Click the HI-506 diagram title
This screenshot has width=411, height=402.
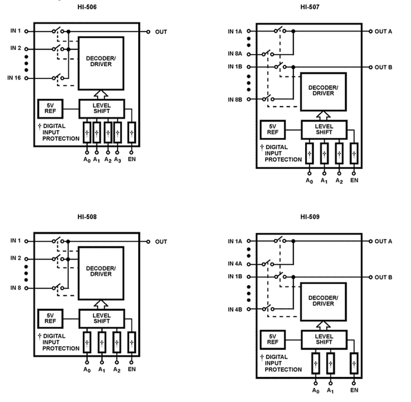(87, 7)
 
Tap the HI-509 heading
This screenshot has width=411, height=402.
(310, 217)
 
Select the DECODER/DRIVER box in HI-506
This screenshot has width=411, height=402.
(101, 64)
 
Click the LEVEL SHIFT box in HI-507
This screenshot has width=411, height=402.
(324, 130)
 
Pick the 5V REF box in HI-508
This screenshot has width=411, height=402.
(50, 319)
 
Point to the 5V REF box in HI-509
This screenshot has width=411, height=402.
(272, 339)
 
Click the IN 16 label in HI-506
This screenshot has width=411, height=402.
(14, 78)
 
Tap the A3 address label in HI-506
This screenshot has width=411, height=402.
(118, 160)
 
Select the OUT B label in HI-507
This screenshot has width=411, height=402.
(383, 67)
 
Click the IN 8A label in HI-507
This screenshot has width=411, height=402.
(235, 54)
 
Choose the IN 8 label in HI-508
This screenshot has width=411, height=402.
(15, 288)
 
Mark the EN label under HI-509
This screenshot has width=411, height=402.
(354, 390)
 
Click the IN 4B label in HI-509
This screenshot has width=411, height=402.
(235, 310)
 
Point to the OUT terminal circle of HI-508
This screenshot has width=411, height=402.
(148, 241)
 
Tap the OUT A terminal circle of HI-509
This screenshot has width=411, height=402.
(371, 241)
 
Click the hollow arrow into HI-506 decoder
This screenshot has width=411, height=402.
(101, 94)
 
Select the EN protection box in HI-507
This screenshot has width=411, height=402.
(354, 153)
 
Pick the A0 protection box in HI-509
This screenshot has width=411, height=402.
(315, 363)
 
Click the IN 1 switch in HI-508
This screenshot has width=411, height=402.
(58, 240)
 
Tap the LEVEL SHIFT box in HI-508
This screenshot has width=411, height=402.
(101, 319)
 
